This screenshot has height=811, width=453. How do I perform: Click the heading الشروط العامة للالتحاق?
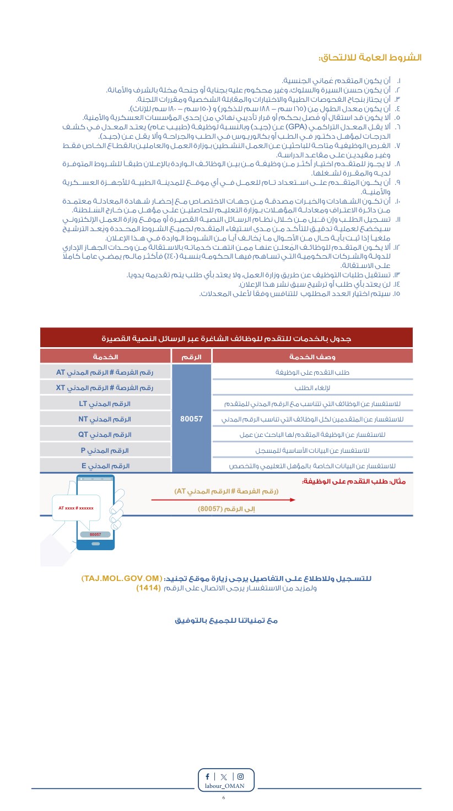tap(370, 58)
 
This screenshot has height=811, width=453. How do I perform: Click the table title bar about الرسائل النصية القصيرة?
tap(226, 338)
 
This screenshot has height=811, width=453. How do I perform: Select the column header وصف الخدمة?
tap(312, 357)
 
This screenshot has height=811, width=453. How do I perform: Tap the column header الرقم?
tap(192, 357)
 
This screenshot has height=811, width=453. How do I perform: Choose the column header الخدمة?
tap(105, 357)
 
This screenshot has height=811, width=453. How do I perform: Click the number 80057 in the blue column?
tap(192, 419)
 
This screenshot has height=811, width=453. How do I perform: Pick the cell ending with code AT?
tap(105, 372)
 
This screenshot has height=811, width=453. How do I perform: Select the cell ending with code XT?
tap(105, 388)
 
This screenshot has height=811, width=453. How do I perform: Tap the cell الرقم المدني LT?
tap(105, 403)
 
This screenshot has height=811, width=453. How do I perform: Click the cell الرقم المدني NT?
tap(105, 419)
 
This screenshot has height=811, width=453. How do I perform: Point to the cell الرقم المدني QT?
tap(105, 434)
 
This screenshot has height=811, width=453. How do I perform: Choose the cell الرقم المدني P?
tap(105, 450)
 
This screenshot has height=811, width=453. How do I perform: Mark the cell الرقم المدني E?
tap(105, 465)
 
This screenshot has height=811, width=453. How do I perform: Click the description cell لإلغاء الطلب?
tap(312, 388)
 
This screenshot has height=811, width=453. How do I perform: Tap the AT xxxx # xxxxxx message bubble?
tap(76, 508)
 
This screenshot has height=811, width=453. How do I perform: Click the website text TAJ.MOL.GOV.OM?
tap(122, 579)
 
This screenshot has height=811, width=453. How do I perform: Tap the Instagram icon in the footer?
tap(240, 776)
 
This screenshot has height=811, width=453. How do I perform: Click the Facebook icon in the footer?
tap(207, 776)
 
